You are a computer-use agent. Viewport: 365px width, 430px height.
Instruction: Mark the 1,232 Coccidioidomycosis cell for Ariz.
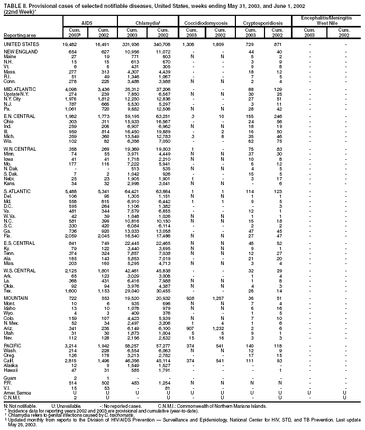[216, 328]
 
